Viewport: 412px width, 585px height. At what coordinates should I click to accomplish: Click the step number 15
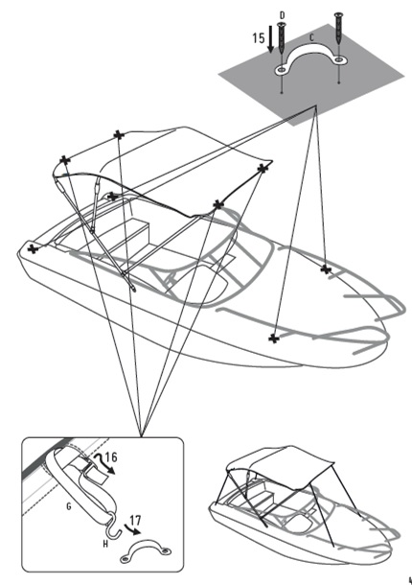[259, 38]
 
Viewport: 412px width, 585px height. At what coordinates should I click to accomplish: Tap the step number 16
[111, 457]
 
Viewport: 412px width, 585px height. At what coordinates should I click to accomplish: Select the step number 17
[136, 520]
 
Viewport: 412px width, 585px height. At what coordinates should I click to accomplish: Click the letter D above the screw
[282, 15]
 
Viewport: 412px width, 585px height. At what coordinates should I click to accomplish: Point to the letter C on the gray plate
[311, 37]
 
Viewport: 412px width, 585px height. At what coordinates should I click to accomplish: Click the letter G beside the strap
[69, 506]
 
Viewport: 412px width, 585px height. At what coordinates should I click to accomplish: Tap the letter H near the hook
[105, 545]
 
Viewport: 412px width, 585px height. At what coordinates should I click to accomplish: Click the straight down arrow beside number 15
[271, 39]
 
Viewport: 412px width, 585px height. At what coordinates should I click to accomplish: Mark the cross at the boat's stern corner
[34, 248]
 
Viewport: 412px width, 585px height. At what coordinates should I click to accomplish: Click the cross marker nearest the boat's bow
[326, 269]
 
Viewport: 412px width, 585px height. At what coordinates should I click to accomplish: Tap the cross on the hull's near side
[274, 339]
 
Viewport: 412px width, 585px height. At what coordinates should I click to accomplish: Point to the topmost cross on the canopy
[119, 134]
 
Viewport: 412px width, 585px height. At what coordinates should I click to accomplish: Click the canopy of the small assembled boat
[284, 462]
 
